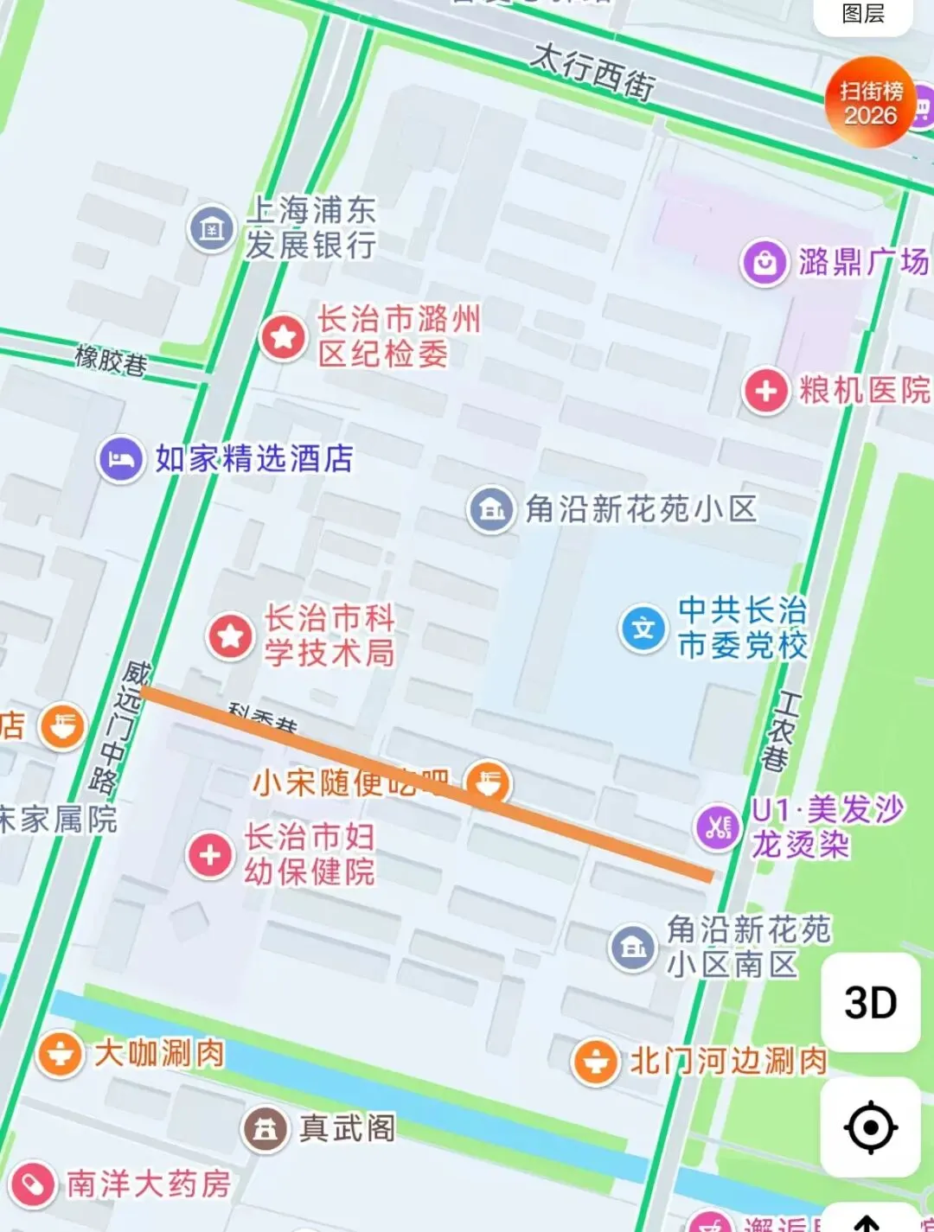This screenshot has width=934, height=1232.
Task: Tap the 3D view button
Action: (870, 1003)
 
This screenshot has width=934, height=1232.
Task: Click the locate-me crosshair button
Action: (870, 1127)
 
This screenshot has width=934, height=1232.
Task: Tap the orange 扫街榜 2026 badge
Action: (871, 102)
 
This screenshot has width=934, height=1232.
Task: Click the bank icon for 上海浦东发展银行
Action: (212, 228)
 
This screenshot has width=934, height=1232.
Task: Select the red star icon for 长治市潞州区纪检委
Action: (283, 336)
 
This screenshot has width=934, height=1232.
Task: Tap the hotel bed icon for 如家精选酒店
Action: (121, 458)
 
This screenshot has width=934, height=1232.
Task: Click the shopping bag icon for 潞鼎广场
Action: (764, 262)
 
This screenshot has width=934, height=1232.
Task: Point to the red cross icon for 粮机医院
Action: (765, 391)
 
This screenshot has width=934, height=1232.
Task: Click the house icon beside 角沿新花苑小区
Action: (491, 509)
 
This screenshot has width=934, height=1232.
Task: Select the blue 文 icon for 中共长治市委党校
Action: (643, 628)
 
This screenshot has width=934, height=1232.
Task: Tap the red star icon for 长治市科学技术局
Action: (230, 636)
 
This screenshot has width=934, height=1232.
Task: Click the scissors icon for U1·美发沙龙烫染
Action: (718, 827)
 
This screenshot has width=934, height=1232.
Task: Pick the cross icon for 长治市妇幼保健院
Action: (210, 855)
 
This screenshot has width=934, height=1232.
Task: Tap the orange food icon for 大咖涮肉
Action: (60, 1054)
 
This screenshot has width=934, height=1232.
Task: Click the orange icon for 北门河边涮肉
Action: (596, 1060)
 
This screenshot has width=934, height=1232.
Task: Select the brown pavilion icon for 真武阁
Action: (265, 1128)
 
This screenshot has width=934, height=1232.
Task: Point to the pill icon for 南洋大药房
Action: (33, 1184)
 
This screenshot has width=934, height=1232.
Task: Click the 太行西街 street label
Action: (593, 72)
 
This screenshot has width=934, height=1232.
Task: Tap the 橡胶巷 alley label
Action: (111, 359)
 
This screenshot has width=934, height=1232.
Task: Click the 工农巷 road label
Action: (780, 731)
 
